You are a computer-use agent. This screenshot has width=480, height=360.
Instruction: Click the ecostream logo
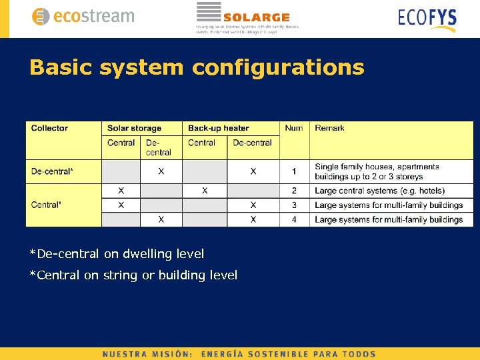tap(83, 17)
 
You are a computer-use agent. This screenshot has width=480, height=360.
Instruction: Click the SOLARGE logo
tap(247, 17)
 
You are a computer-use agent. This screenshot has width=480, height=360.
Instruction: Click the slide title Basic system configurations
tap(197, 67)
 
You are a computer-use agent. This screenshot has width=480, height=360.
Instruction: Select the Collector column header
tap(49, 128)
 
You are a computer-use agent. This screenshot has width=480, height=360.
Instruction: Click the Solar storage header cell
tap(134, 128)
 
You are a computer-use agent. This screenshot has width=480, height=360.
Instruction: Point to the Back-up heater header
tap(219, 128)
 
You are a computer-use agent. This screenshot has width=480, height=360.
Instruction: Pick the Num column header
tap(293, 128)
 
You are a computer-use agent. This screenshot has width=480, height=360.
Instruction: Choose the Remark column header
tap(329, 128)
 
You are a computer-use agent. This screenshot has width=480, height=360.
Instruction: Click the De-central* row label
tap(52, 171)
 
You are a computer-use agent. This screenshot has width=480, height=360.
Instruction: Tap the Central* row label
tap(46, 205)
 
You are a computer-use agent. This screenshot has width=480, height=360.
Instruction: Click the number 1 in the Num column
tap(294, 171)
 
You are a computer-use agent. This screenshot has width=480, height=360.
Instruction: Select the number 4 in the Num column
tap(294, 219)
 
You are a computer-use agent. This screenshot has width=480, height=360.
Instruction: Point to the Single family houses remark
tap(377, 171)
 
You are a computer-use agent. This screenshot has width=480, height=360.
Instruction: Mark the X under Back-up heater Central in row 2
tap(205, 191)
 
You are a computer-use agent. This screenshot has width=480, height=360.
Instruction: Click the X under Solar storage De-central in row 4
tap(161, 219)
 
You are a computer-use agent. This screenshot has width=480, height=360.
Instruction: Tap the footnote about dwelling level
tap(117, 254)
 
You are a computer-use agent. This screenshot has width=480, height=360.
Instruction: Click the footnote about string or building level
tap(133, 275)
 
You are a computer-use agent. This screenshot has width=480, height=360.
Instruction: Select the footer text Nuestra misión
tap(147, 354)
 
